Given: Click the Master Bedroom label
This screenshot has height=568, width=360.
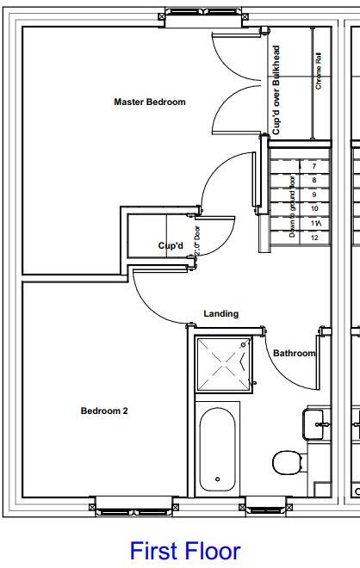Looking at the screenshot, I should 150,102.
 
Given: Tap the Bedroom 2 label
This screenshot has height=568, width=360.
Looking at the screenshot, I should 104,411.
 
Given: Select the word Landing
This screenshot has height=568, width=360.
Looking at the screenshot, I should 221,314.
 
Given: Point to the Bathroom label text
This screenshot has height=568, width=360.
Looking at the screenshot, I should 294,354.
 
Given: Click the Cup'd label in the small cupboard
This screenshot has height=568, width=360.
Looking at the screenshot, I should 171,246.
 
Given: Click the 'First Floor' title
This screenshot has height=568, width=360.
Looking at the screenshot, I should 185,551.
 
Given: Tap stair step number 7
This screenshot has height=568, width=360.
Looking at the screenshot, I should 314,165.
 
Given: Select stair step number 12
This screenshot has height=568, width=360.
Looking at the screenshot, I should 314,237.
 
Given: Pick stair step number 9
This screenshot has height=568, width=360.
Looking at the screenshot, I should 314,194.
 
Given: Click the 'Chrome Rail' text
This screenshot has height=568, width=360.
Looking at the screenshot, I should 319,71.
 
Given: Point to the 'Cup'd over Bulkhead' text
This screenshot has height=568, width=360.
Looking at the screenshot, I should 276,90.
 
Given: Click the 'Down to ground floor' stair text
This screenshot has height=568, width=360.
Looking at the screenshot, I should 293,207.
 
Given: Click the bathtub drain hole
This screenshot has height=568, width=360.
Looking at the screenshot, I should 218,479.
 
